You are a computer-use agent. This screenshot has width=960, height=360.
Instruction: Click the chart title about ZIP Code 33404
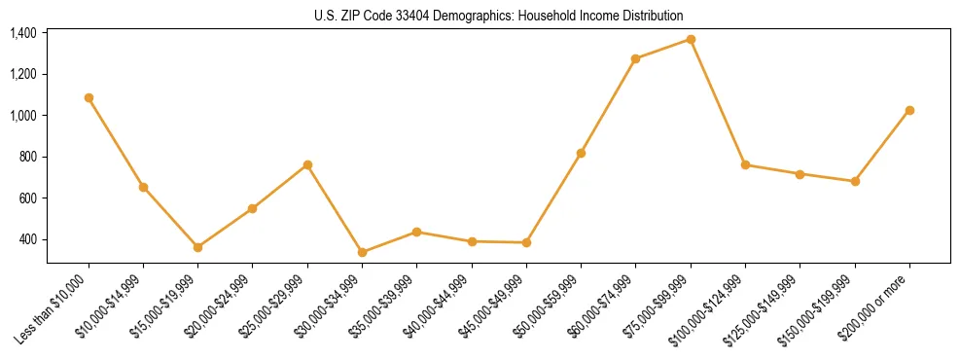[x=498, y=16]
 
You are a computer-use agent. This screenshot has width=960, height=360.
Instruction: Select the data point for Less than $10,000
[x=89, y=97]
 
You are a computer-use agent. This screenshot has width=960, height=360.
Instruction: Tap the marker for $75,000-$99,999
[x=691, y=39]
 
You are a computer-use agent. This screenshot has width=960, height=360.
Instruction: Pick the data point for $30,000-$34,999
[x=362, y=252]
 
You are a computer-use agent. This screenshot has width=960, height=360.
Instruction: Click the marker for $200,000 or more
[x=909, y=110]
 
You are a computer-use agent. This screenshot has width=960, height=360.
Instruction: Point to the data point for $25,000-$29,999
[x=307, y=164]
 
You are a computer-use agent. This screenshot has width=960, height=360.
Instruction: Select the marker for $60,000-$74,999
[x=635, y=58]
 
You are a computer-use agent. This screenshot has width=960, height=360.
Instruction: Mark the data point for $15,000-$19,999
[x=197, y=247]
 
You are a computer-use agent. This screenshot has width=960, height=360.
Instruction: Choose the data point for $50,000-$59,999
[x=581, y=153]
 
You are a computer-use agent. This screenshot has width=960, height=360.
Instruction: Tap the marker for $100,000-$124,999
[x=745, y=164]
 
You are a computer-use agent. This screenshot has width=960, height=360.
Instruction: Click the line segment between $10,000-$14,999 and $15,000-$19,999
[x=170, y=217]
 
